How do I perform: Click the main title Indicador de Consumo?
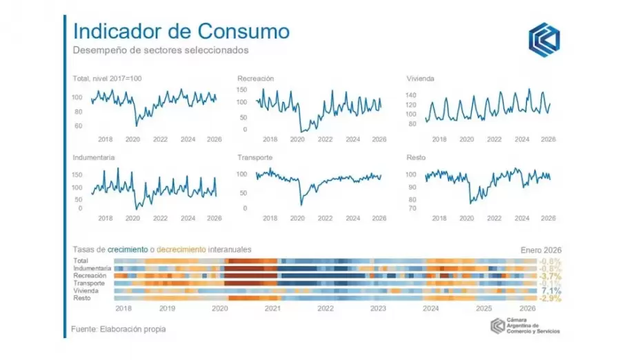click(x=181, y=32)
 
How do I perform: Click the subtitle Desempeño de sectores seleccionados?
click(x=161, y=50)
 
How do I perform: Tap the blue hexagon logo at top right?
click(x=544, y=39)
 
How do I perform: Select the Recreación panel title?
click(x=255, y=79)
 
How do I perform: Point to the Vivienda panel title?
click(x=420, y=79)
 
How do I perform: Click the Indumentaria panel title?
click(x=94, y=157)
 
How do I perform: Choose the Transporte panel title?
click(x=254, y=157)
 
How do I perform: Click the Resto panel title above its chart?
click(x=416, y=157)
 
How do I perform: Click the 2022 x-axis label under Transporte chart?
click(x=325, y=218)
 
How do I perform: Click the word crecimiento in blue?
click(x=125, y=249)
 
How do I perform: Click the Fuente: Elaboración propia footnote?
click(x=119, y=329)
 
